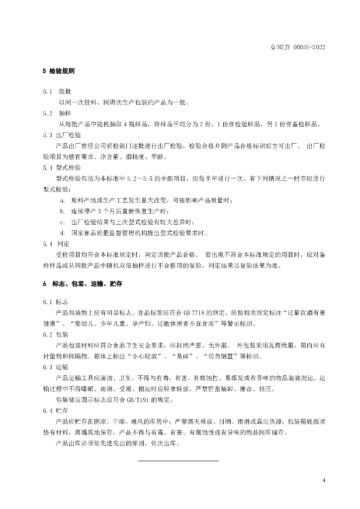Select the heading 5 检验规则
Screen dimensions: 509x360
(x=59, y=72)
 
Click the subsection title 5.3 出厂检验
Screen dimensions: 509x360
(x=62, y=135)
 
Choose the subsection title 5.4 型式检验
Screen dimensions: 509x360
(x=62, y=167)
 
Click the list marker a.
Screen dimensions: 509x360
(x=62, y=200)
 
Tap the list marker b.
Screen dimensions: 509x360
(x=62, y=211)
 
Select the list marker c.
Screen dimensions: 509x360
(x=62, y=222)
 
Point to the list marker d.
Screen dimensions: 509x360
(x=62, y=233)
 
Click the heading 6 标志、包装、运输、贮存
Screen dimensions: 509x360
(x=83, y=283)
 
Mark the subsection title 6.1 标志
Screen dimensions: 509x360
(x=56, y=302)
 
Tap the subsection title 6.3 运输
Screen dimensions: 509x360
(x=56, y=367)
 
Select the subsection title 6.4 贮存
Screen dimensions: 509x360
(x=56, y=411)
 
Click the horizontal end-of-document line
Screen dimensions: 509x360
(x=178, y=461)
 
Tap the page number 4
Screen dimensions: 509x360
(x=323, y=481)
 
